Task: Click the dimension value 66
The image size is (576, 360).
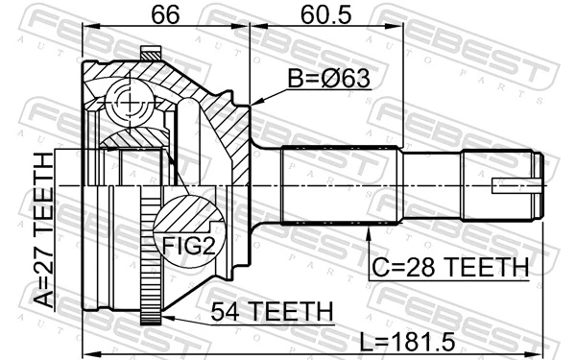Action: [x=165, y=16]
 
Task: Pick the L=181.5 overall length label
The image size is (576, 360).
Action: [x=423, y=343]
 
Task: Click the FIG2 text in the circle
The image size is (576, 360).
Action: [x=187, y=247]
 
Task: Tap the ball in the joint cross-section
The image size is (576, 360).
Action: [x=127, y=97]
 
